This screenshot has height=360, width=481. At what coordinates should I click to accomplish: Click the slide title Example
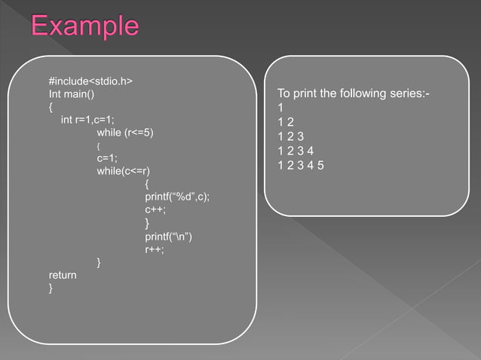[84, 27]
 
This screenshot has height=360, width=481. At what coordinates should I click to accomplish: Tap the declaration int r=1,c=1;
[87, 120]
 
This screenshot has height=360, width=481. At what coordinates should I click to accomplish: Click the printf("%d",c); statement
[177, 197]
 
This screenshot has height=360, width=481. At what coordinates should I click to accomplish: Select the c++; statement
[155, 210]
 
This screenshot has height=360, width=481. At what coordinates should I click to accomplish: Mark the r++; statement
[154, 249]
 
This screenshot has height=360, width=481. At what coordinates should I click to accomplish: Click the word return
[63, 276]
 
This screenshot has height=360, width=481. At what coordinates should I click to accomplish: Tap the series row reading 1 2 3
[290, 137]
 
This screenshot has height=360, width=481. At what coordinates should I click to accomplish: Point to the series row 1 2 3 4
[296, 151]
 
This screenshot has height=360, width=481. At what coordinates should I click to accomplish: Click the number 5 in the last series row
[321, 166]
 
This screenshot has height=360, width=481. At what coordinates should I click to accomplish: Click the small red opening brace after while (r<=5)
[99, 145]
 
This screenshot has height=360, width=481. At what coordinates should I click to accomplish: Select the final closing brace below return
[51, 288]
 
